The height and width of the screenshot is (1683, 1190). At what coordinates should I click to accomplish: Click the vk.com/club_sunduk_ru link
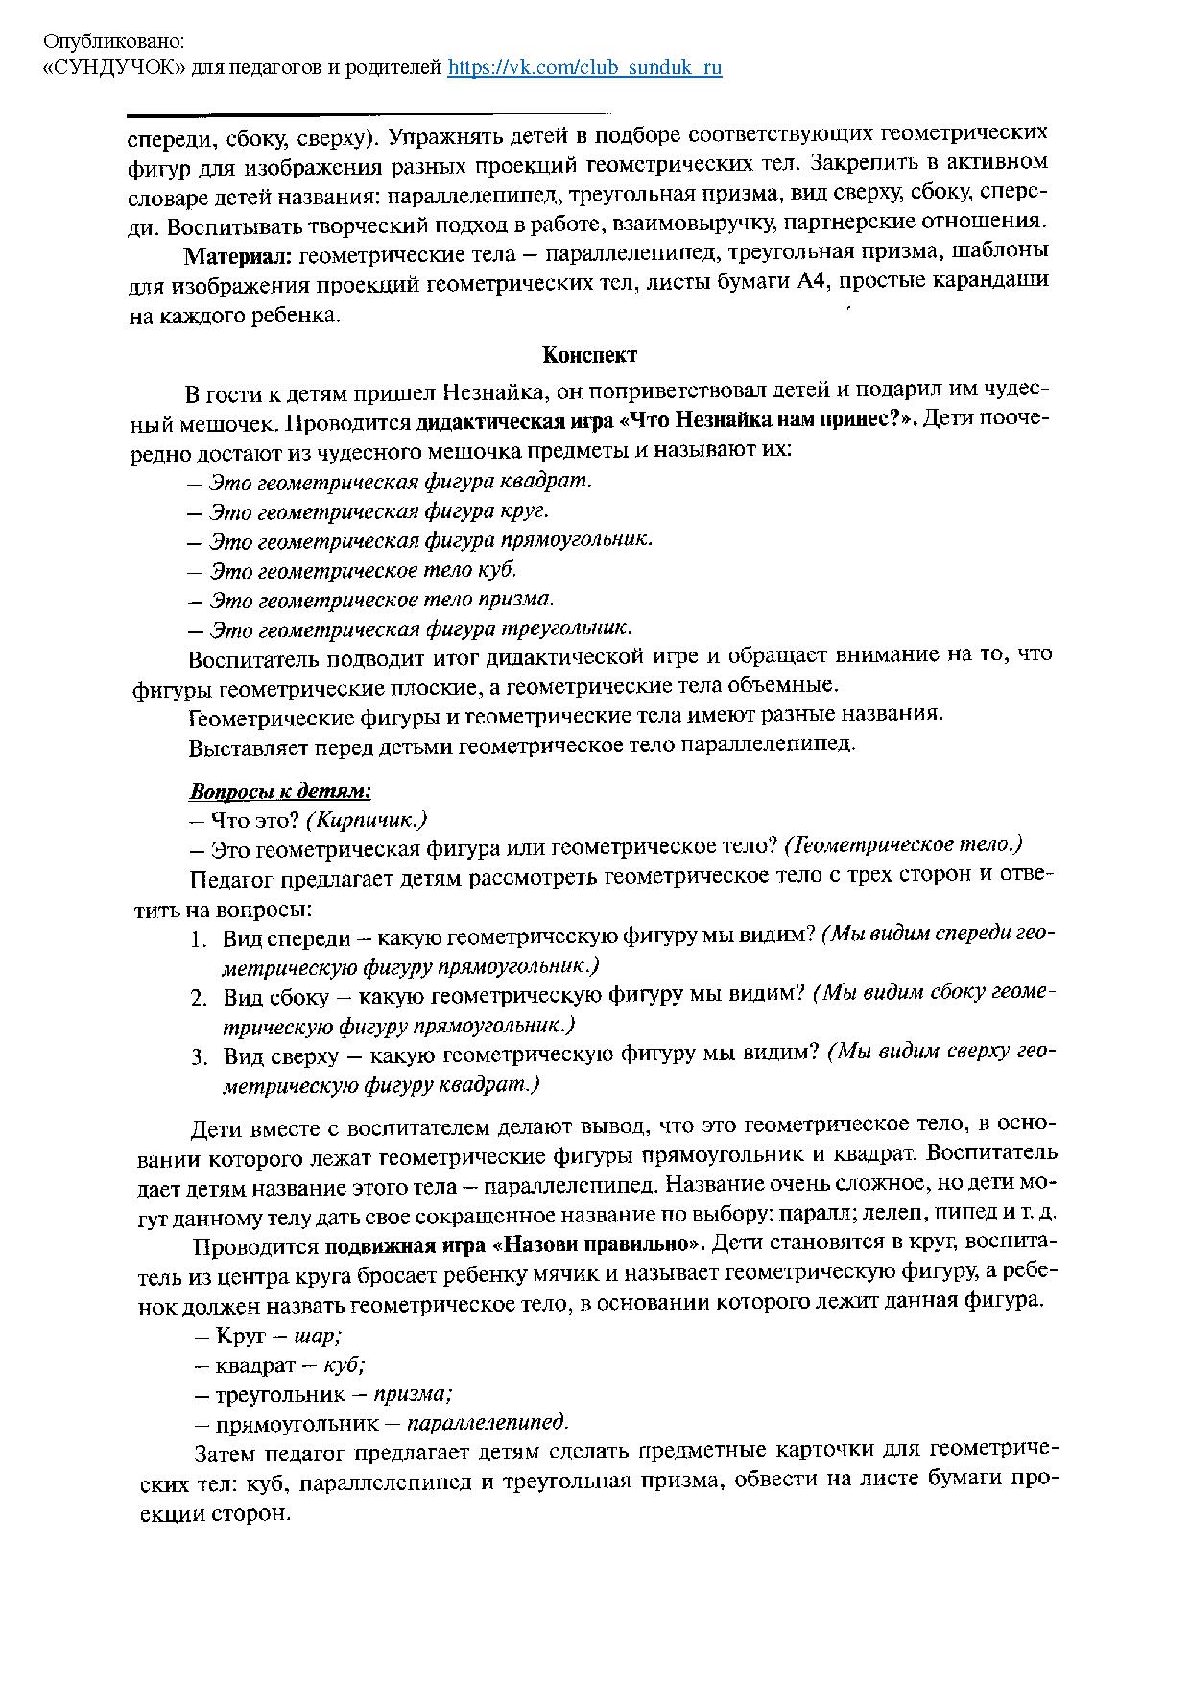click(x=584, y=68)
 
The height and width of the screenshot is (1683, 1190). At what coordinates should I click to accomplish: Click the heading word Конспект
click(x=589, y=355)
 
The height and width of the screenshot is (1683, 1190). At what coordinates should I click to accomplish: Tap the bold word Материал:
click(x=239, y=256)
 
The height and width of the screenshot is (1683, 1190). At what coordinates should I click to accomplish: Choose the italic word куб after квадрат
click(x=345, y=1363)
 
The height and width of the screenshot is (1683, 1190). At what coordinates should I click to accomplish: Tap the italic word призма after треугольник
click(x=413, y=1393)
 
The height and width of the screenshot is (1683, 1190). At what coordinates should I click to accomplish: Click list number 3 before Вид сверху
click(x=198, y=1057)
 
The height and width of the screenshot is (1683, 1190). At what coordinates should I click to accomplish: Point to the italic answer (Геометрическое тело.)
click(x=903, y=845)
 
